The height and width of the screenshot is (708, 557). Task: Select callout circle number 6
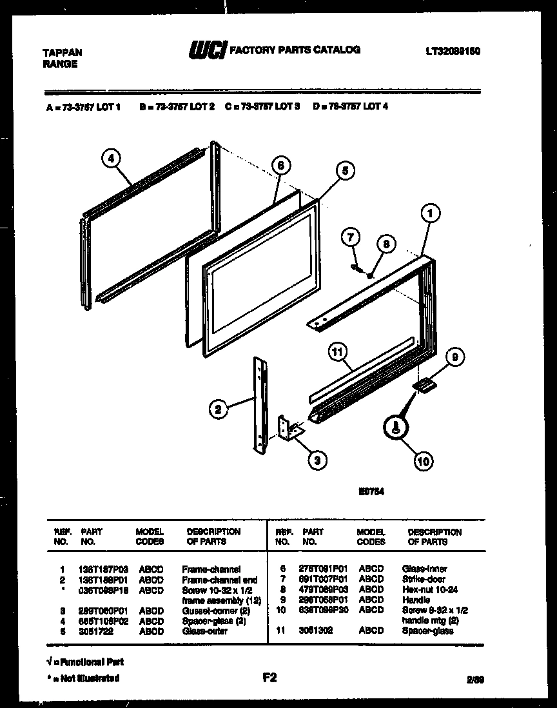tap(279, 166)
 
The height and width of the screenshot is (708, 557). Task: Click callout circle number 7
tap(351, 238)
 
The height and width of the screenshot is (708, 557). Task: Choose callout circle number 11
tap(337, 352)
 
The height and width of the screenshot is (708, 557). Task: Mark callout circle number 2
tap(219, 408)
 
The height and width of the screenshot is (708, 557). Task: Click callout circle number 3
tap(317, 459)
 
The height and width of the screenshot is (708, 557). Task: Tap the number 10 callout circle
tap(422, 460)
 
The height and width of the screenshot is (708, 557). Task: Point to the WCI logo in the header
tap(207, 51)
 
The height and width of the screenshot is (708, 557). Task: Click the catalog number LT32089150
tap(453, 51)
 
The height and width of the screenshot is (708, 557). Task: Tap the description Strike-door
tap(424, 580)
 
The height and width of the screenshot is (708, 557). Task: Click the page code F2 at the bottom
tap(269, 677)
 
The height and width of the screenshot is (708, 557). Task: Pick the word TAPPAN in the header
tap(62, 52)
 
